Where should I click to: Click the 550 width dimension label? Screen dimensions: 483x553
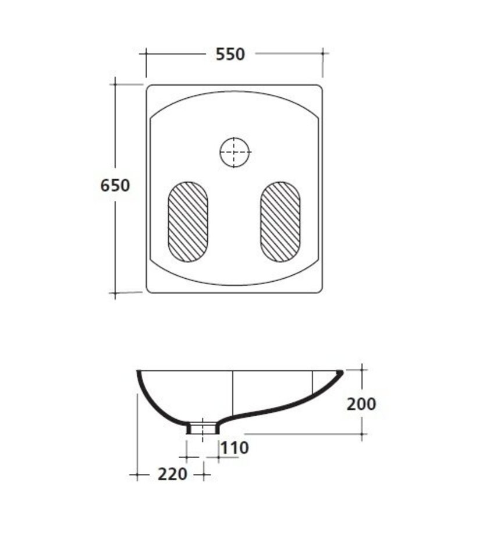click(230, 54)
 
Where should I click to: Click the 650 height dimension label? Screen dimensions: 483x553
click(115, 186)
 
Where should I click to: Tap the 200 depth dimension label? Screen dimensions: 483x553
click(361, 404)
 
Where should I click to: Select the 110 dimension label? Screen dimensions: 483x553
click(235, 448)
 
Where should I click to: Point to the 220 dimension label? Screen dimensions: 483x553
click(172, 474)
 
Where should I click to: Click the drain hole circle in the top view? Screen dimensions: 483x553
click(235, 153)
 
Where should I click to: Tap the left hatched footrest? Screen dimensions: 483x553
click(188, 222)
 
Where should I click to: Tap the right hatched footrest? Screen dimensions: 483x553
click(280, 222)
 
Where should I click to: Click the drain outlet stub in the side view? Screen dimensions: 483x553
click(203, 428)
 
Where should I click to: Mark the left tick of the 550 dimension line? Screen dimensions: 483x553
click(146, 54)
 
